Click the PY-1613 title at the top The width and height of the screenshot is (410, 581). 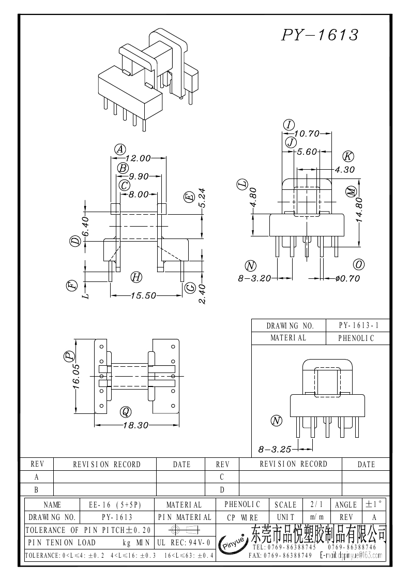[x=320, y=35]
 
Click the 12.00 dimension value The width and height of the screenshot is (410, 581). [x=137, y=158]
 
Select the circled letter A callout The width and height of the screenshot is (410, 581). [x=120, y=150]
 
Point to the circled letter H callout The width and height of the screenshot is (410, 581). [x=136, y=277]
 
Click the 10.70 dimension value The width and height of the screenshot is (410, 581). [x=307, y=133]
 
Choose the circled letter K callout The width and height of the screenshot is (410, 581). [x=348, y=157]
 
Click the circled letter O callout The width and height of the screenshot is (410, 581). [x=358, y=264]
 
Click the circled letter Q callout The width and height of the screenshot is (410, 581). [x=125, y=412]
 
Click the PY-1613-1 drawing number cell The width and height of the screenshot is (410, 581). [x=358, y=326]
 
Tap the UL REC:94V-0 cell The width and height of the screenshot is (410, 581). [x=183, y=543]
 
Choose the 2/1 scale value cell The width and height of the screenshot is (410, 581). [x=314, y=504]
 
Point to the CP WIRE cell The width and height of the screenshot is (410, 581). [x=242, y=517]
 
